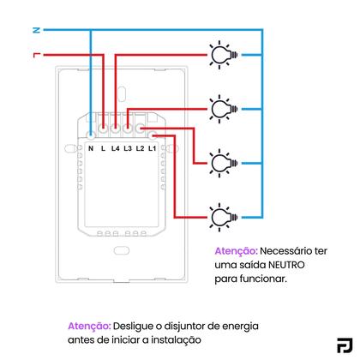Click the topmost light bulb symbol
coord(222,55)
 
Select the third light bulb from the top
coord(222,160)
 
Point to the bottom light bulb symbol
coord(222,213)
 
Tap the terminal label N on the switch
coord(91,147)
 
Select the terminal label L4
coord(114,147)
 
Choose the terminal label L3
coord(127,147)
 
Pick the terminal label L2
coord(140,147)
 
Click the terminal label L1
coord(152,147)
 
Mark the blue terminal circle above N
coord(91,133)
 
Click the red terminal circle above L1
coord(152,133)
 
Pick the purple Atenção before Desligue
coord(89,327)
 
